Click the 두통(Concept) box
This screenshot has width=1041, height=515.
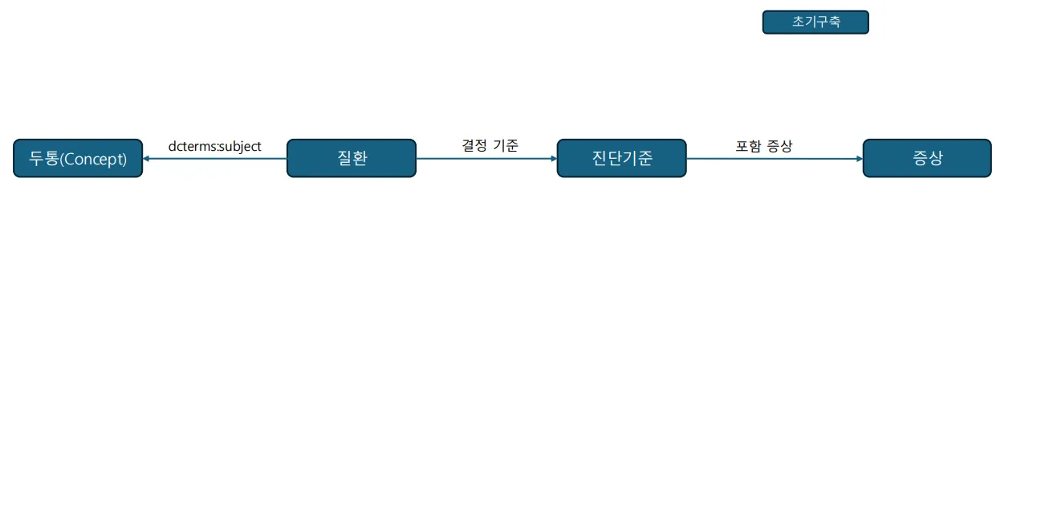point(78,158)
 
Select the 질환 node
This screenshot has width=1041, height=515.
point(352,158)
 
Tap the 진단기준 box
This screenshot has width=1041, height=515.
point(622,158)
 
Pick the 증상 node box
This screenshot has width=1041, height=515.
point(927,158)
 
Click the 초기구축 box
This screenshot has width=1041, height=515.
point(815,22)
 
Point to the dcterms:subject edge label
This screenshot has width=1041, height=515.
point(215,146)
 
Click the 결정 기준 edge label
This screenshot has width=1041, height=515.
point(490,146)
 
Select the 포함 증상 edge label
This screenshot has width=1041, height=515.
point(763,146)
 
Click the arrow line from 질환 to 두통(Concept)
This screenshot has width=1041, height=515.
point(215,159)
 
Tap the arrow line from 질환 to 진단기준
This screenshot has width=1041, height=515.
point(486,159)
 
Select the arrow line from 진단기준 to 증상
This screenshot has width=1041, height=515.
point(775,159)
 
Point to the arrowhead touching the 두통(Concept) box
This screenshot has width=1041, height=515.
point(146,159)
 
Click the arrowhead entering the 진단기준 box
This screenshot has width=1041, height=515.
point(554,159)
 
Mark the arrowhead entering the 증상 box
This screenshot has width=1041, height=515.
point(860,159)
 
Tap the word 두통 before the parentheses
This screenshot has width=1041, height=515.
point(43,158)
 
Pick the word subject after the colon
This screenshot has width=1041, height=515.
point(240,147)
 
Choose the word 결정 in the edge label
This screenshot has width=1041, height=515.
point(474,146)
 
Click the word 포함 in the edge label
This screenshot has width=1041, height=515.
point(748,146)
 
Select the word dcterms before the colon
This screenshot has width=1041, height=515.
point(191,146)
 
